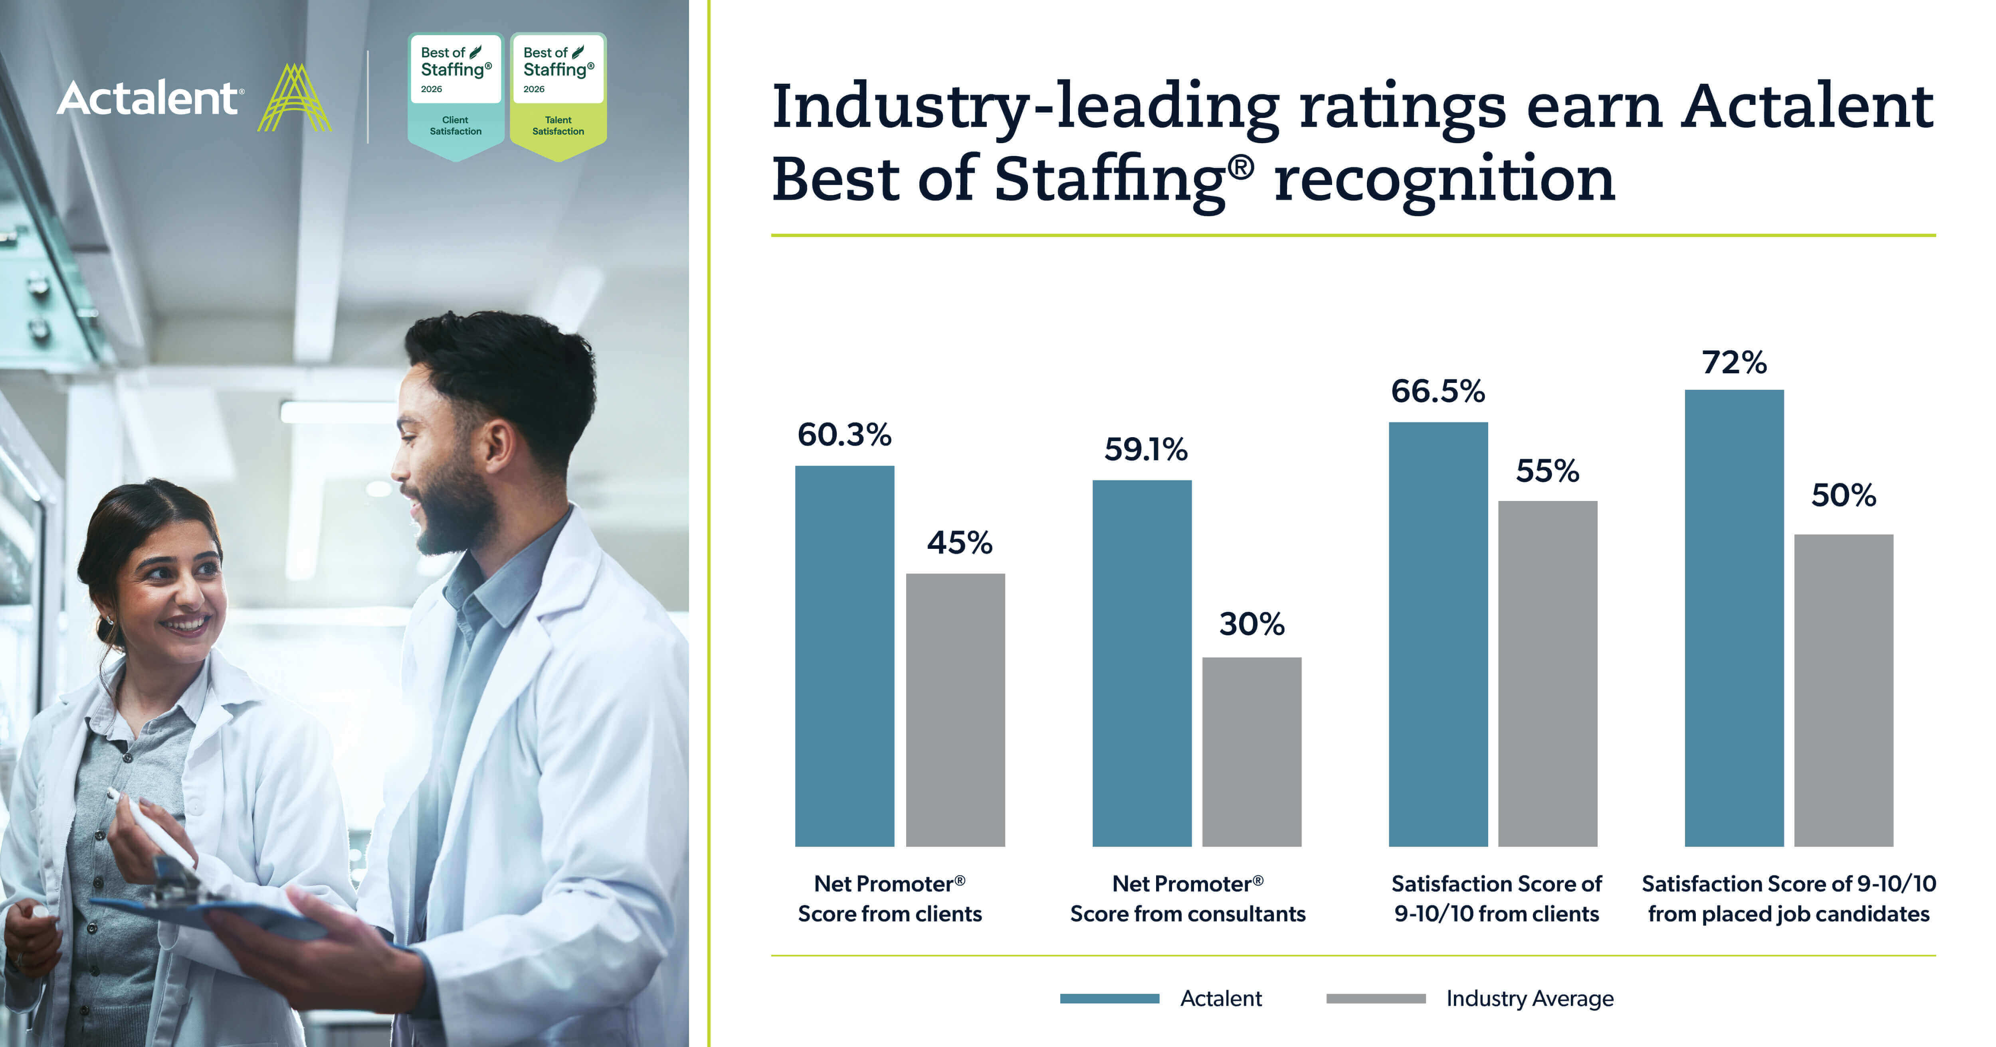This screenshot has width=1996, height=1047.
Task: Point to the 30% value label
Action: point(1251,624)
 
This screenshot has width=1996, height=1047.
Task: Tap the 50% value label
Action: point(1844,496)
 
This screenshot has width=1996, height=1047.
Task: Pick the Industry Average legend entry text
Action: point(1530,998)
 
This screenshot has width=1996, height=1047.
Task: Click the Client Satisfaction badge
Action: point(455,97)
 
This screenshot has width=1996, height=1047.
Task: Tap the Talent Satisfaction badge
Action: point(558,97)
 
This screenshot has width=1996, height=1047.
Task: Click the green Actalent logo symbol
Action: point(295,99)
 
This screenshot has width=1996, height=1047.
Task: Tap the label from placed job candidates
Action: point(1788,914)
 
